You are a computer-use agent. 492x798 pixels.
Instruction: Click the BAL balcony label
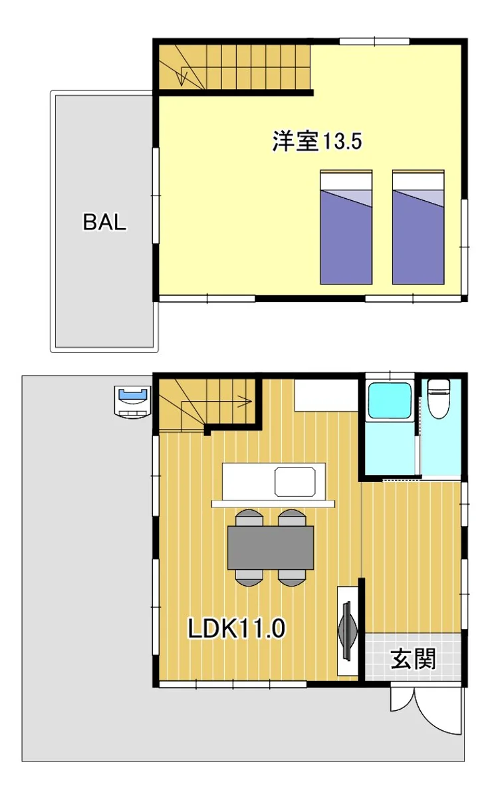104,222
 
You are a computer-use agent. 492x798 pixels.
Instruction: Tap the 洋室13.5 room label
317,141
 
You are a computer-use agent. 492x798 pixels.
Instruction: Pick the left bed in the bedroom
346,227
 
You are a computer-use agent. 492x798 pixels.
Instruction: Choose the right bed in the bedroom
418,227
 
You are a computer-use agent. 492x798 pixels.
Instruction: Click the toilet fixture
439,398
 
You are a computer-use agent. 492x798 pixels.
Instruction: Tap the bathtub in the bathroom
390,400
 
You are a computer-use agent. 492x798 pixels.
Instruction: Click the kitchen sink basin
295,481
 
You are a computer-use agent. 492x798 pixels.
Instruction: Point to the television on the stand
347,630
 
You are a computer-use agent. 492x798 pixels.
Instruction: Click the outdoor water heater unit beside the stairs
132,402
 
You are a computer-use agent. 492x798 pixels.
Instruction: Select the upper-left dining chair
249,517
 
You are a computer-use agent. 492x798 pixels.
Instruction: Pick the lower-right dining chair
292,578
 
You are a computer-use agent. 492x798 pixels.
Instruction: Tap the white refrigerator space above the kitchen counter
326,396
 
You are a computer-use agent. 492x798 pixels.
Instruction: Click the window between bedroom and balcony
156,196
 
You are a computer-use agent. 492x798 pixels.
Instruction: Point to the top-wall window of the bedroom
374,41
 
